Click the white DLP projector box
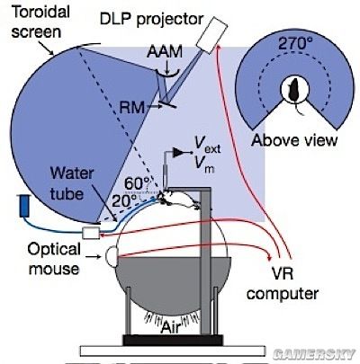211,35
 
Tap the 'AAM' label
165,52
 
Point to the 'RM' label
131,107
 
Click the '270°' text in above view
293,44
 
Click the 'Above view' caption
294,140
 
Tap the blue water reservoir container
24,206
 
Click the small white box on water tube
91,233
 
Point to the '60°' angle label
137,183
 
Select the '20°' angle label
124,201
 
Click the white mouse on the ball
178,200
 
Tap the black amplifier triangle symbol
177,153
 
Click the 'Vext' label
207,146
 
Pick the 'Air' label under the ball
172,326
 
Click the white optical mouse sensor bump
111,256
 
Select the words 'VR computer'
283,283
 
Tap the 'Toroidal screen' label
40,22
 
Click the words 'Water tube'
71,183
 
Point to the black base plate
173,341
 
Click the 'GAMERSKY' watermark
314,354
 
